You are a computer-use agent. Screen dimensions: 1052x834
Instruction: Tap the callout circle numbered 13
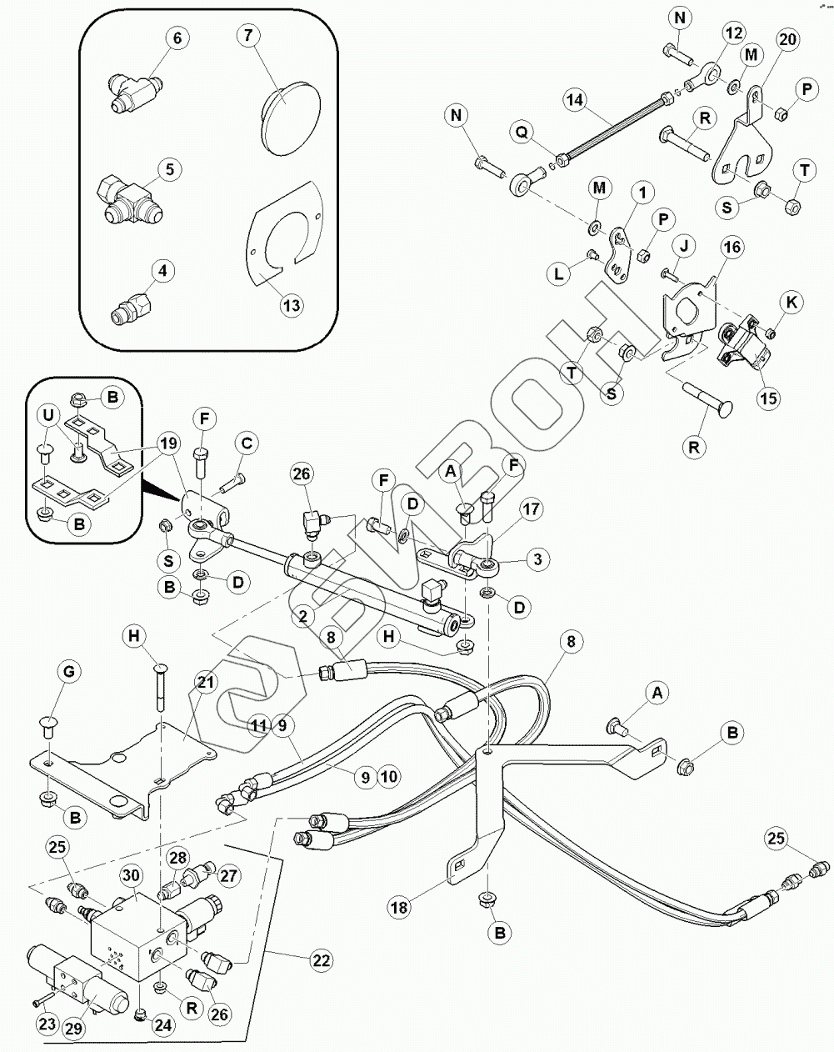coord(291,306)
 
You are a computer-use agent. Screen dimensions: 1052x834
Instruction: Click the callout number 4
coord(162,270)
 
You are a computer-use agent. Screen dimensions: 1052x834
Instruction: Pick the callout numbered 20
coord(787,38)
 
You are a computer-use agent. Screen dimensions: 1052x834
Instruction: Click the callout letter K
coord(792,303)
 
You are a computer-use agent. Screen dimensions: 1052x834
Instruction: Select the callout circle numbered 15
coord(768,398)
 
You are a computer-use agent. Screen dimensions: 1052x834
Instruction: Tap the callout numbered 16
coord(732,247)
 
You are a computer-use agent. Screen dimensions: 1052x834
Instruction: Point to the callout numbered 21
coord(205,683)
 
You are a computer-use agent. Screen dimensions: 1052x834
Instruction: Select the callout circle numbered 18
coord(400,906)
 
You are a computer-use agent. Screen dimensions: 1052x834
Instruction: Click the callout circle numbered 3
coord(537,559)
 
